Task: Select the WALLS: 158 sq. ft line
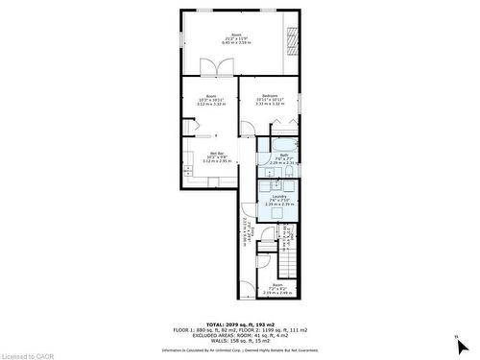click(x=239, y=339)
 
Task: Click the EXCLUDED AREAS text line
click(x=239, y=331)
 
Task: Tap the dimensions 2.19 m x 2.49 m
click(x=277, y=292)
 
